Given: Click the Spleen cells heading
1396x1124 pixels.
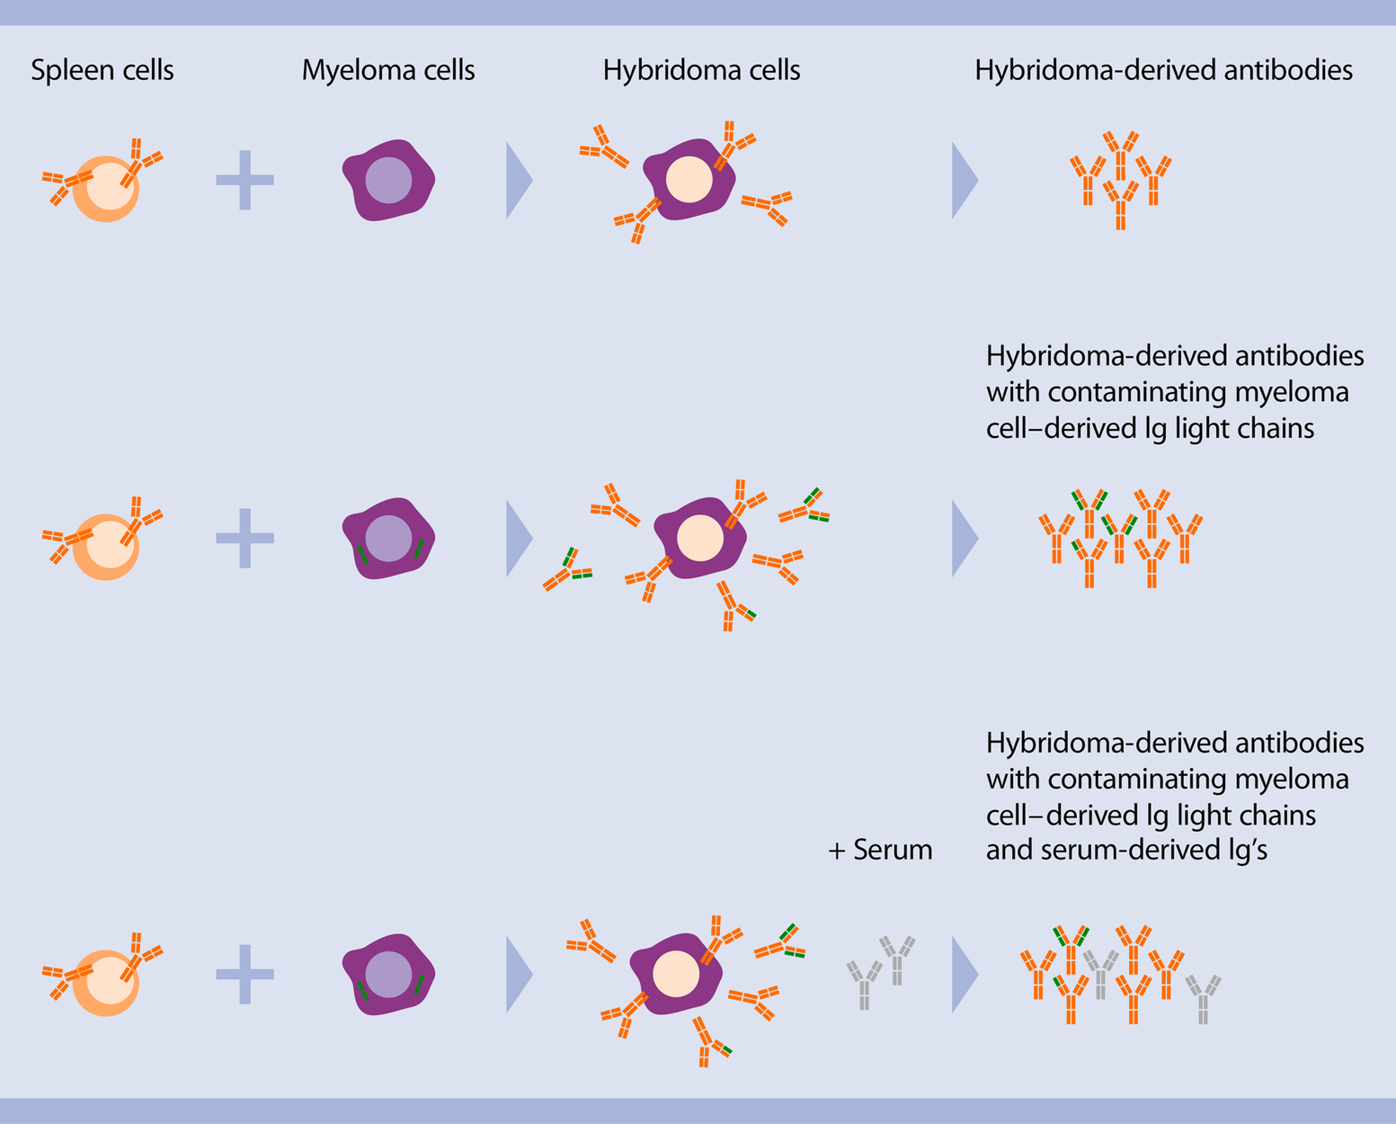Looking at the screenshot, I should pos(102,71).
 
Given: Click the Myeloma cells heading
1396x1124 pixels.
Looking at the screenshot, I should pos(388,71).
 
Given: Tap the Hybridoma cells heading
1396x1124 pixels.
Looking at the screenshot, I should pos(701,71).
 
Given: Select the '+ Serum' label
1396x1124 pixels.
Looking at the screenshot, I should pos(880,850).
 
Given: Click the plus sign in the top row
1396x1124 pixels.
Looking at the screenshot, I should pos(245,180).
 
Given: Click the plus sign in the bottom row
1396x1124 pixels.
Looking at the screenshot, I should pos(245,974).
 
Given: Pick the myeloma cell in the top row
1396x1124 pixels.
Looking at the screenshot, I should pos(388,181).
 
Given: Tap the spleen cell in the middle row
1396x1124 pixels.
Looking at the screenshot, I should pos(106,547).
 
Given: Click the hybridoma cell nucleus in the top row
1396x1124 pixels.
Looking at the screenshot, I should pos(689,179).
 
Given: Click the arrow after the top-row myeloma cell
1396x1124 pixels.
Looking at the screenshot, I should pos(518,180).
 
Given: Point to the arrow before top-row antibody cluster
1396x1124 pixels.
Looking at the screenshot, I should pos(963,180).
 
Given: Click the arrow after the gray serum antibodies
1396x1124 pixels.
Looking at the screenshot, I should pos(963,975).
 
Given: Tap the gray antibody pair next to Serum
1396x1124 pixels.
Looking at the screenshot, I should pos(880,971).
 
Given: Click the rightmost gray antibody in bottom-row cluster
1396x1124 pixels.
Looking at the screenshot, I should pos(1203,998).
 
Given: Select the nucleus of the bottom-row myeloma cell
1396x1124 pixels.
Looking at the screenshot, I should pos(388,974).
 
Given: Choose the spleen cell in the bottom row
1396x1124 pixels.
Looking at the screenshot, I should pos(106,983).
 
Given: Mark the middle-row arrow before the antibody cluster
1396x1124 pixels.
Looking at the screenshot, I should pos(963,538).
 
